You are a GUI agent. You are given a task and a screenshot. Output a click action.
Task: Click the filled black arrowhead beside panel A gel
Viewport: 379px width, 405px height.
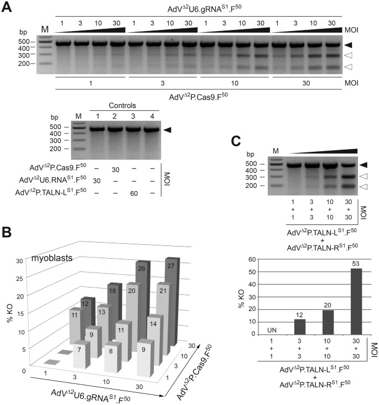(x=347, y=44)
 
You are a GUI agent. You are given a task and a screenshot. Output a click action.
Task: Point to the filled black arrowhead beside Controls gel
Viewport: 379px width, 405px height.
(x=167, y=130)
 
